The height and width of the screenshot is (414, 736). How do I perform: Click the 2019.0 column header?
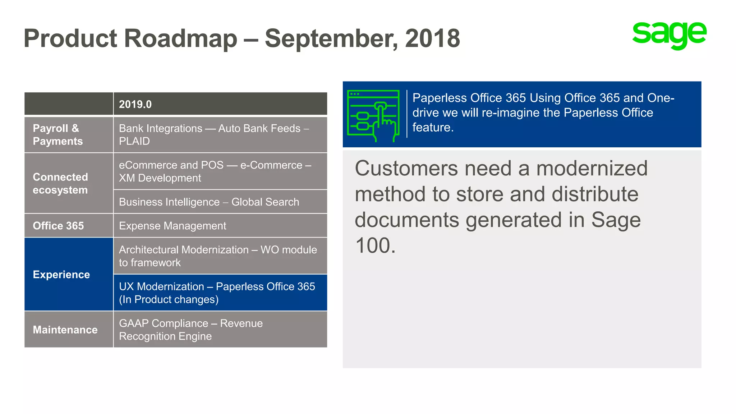coord(135,104)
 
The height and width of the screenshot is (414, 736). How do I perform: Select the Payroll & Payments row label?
coord(57,135)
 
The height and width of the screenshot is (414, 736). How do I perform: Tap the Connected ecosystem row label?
coord(60,183)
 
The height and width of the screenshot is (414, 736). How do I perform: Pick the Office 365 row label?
coord(58,226)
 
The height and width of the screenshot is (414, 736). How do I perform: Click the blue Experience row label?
coord(61,275)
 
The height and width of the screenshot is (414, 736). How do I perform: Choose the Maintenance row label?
coord(65,330)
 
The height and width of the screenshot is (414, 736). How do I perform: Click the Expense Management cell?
coord(172,226)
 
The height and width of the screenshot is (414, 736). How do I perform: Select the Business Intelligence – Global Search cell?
coord(209,202)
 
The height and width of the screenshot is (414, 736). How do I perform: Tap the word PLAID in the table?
coord(134,141)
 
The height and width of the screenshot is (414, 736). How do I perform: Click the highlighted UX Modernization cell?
coord(217,293)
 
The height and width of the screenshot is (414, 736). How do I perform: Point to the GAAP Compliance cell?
coord(191,330)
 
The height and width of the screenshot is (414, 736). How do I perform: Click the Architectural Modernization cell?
coord(218,256)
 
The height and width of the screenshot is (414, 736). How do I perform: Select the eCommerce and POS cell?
coord(215,171)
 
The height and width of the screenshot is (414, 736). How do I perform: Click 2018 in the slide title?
coord(432,38)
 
